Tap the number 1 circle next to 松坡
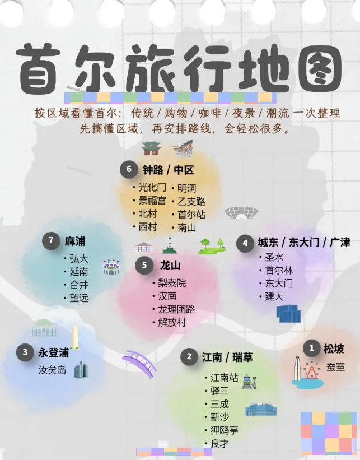tap(312, 349)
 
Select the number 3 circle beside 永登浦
tap(25, 352)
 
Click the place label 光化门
tap(152, 188)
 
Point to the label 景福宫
tap(152, 201)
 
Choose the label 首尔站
tap(191, 214)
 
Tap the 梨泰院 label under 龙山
tap(172, 283)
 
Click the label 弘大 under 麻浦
tap(79, 259)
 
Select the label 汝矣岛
tap(52, 370)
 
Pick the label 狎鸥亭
tap(224, 430)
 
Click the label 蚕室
tap(336, 366)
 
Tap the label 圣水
tap(273, 257)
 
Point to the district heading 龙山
tap(170, 264)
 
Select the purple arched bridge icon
tap(140, 363)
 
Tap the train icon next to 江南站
tap(249, 381)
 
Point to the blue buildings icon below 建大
tap(289, 313)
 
